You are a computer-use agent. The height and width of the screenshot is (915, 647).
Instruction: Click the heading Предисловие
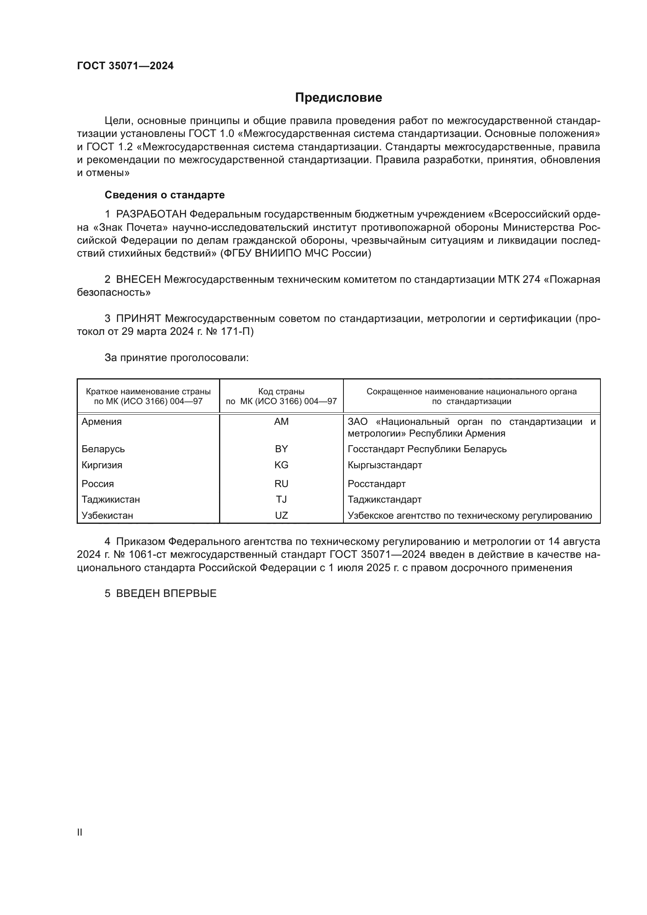[x=338, y=98]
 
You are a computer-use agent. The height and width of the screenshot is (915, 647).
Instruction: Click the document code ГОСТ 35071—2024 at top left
[x=125, y=66]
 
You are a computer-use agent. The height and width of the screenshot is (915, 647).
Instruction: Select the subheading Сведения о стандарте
[x=165, y=195]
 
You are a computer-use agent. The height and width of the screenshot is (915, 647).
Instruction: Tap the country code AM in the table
[x=281, y=422]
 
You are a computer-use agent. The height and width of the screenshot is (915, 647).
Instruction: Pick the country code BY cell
[x=281, y=449]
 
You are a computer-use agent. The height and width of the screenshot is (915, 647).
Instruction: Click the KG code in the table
[x=281, y=465]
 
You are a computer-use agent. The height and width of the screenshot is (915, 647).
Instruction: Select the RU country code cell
[x=281, y=484]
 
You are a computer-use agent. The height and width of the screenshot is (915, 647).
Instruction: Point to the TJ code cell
[x=281, y=499]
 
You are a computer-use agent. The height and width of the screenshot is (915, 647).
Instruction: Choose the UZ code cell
[x=281, y=515]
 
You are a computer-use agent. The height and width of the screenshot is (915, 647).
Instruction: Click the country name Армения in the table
[x=102, y=422]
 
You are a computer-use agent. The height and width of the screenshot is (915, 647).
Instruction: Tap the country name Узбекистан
[x=107, y=515]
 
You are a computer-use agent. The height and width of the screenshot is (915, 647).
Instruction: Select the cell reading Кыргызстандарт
[x=385, y=465]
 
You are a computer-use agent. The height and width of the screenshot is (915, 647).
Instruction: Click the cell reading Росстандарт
[x=376, y=484]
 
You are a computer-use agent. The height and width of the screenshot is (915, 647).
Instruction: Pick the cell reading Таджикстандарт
[x=385, y=499]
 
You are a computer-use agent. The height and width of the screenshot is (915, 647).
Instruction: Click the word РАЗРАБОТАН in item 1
[x=151, y=214]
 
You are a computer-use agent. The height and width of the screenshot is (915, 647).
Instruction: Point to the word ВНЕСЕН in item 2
[x=138, y=280]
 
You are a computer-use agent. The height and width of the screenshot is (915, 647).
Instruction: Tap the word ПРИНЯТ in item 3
[x=138, y=319]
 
